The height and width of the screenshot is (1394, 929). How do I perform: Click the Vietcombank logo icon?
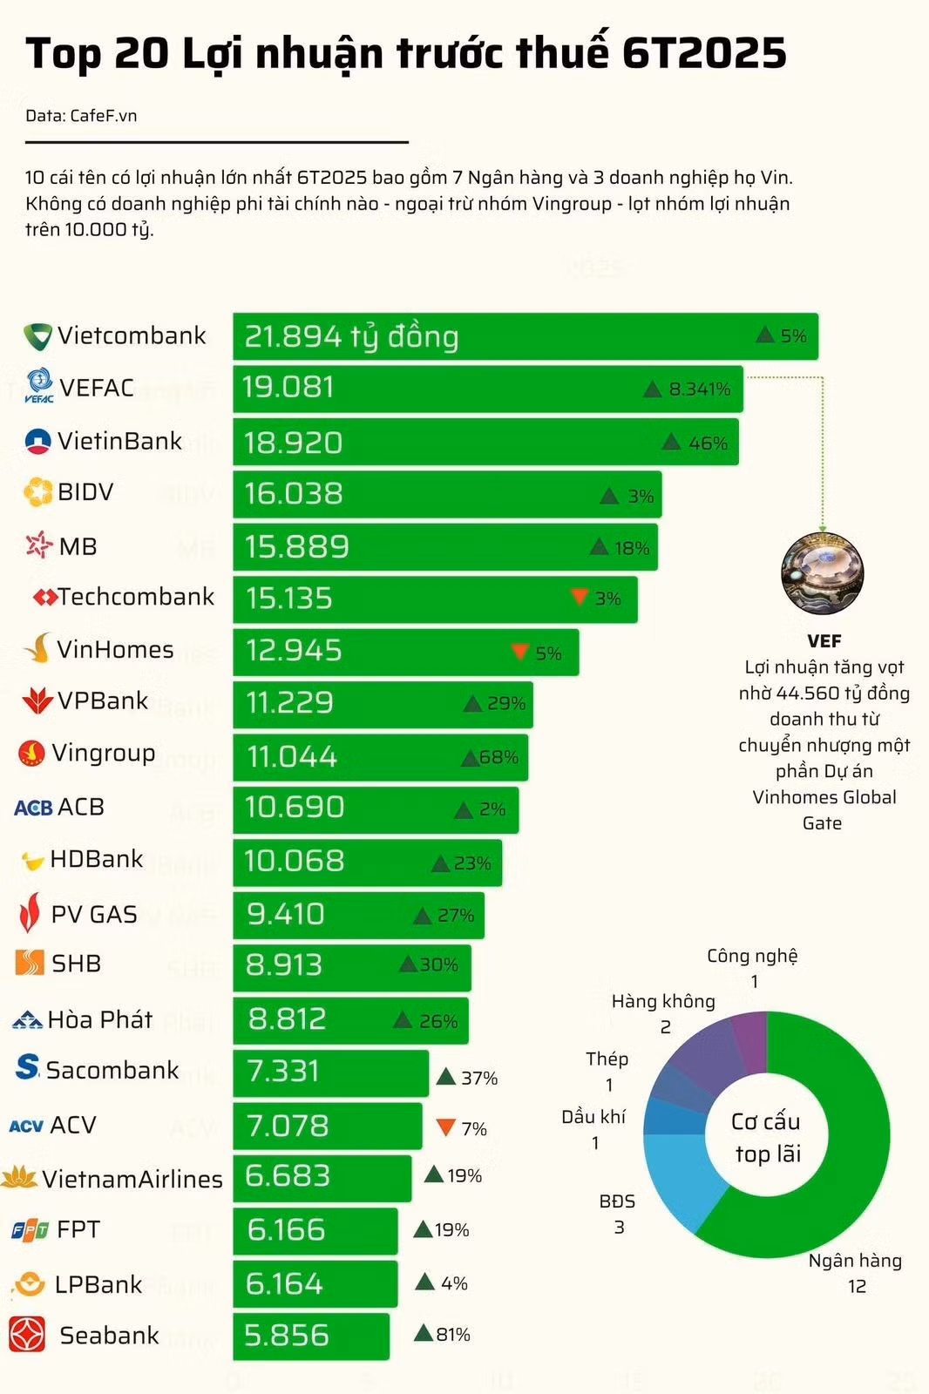(37, 336)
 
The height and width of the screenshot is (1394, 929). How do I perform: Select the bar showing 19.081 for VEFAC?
(487, 389)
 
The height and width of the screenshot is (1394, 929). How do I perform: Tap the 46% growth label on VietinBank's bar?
(708, 443)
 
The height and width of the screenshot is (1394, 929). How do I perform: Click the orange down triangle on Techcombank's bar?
(579, 596)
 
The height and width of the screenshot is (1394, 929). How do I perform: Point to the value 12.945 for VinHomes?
(294, 651)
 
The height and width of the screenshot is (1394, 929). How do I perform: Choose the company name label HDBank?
(96, 859)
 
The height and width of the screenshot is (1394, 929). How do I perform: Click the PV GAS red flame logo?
(30, 913)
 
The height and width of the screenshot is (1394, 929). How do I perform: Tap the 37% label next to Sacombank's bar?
(479, 1079)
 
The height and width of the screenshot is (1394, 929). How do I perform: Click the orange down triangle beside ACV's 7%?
(445, 1127)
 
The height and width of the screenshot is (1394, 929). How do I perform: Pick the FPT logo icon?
(30, 1230)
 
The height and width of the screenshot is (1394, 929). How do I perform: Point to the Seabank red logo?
(27, 1335)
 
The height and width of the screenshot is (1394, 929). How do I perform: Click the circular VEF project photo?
(822, 573)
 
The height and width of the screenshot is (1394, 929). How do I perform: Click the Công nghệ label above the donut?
(752, 956)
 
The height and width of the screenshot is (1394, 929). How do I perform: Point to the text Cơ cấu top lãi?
(766, 1137)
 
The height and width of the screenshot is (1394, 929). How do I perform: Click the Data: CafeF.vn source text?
(81, 116)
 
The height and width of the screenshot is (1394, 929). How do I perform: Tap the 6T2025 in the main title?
(704, 53)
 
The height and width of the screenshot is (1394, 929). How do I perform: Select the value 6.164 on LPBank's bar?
(284, 1283)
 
